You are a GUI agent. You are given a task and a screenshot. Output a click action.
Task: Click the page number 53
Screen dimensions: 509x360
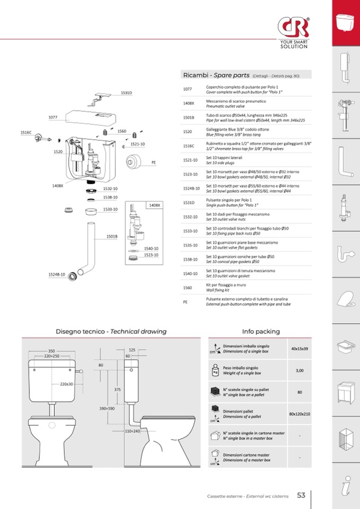pos(301,495)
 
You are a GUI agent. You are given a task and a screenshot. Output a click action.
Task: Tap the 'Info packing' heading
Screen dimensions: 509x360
pos(261,331)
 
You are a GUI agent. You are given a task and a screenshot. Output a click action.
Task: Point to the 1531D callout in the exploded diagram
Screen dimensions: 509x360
pos(126,93)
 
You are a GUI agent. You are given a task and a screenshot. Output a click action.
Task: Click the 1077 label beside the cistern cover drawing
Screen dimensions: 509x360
pos(53,117)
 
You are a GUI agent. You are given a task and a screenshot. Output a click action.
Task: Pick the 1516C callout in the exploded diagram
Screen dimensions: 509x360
pos(26,132)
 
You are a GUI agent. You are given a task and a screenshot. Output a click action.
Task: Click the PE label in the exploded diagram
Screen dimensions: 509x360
pos(153,162)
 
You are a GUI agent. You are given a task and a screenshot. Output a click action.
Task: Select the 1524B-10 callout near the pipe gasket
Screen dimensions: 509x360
pos(56,274)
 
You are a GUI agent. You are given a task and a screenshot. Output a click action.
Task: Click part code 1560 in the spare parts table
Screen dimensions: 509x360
pos(187,288)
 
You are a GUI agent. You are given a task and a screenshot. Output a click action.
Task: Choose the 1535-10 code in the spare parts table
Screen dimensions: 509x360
pos(191,245)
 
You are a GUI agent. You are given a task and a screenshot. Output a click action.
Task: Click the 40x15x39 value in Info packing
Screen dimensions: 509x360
pos(299,349)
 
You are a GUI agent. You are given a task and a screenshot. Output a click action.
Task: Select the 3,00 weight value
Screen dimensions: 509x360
pos(299,370)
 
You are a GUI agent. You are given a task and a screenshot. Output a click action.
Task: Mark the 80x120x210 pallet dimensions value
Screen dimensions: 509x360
pos(299,413)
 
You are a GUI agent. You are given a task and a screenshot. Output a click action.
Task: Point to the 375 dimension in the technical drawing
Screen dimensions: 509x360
pos(117,389)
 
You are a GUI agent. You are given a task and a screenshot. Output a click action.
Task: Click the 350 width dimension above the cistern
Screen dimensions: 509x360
pos(52,351)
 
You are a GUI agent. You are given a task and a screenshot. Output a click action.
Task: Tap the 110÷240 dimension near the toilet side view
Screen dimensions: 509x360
pos(132,431)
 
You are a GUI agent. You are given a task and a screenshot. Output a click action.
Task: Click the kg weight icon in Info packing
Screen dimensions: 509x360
pos(215,370)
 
